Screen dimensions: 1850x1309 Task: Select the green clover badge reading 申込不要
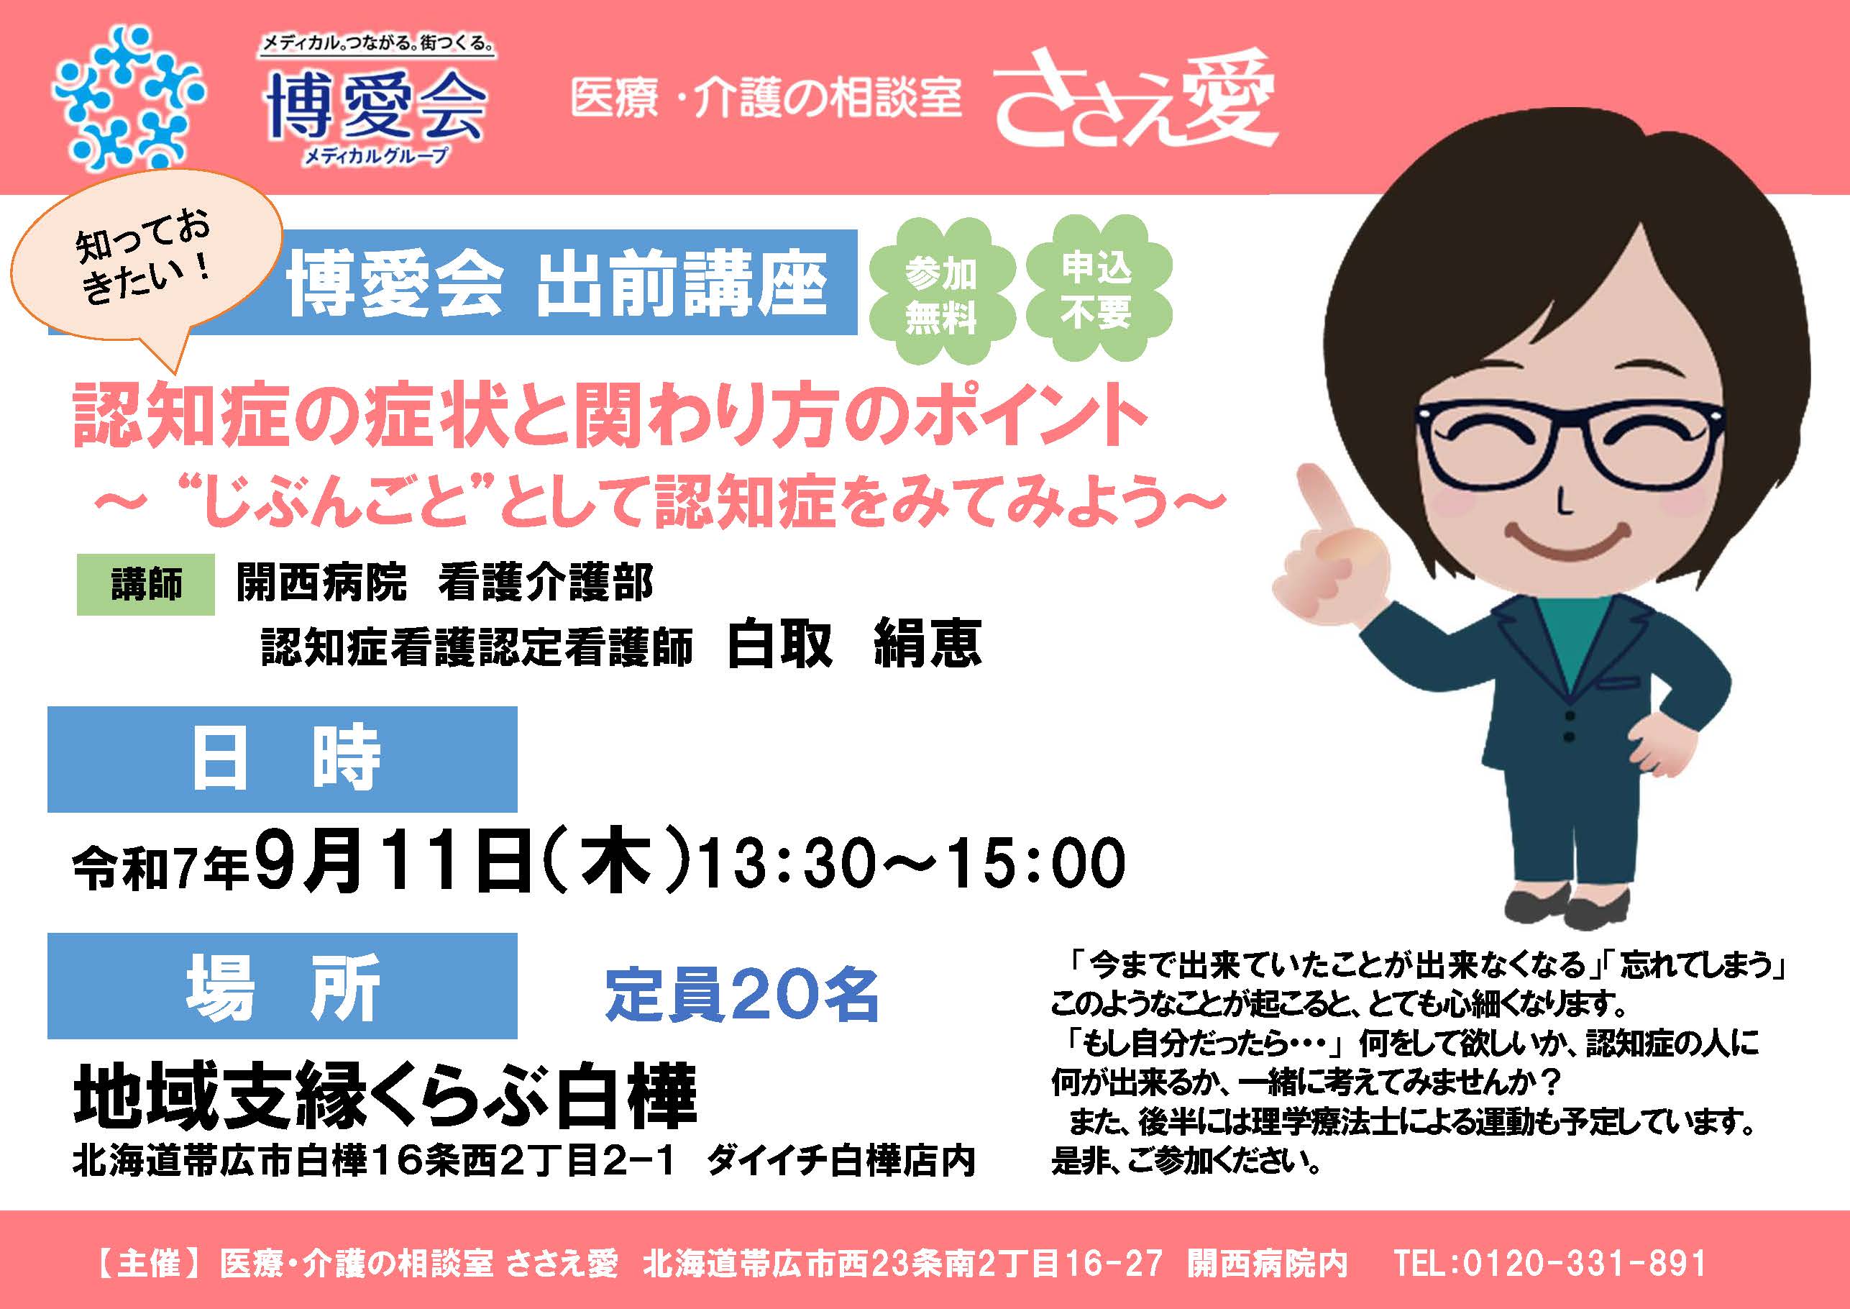pyautogui.click(x=1097, y=288)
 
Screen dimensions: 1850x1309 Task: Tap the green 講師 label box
pyautogui.click(x=146, y=584)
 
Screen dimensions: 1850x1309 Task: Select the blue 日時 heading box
pyautogui.click(x=282, y=760)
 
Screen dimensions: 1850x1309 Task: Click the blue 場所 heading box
pyautogui.click(x=282, y=986)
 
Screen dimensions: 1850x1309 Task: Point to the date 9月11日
pyautogui.click(x=395, y=863)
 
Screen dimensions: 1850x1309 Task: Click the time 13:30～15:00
pyautogui.click(x=912, y=863)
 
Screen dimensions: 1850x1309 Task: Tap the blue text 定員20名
pyautogui.click(x=742, y=996)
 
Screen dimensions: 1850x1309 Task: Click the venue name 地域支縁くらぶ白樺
pyautogui.click(x=385, y=1098)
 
